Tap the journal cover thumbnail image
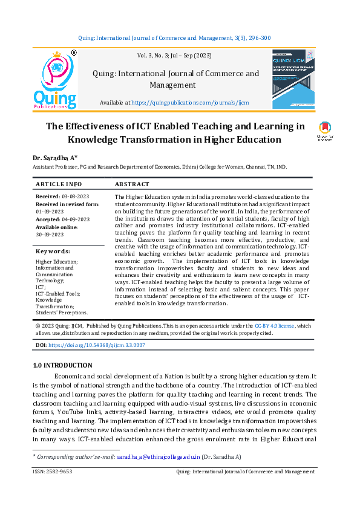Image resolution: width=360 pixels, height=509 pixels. (293, 79)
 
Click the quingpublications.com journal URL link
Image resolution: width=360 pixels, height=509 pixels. (198, 103)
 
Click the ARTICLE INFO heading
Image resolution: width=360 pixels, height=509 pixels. (59, 184)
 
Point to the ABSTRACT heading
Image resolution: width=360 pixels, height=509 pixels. (131, 184)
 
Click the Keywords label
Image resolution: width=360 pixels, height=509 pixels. (53, 251)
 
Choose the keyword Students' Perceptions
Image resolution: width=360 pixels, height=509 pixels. (62, 313)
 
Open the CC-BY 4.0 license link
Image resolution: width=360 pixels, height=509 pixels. (275, 326)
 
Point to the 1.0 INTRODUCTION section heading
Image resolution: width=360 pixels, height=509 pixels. (62, 365)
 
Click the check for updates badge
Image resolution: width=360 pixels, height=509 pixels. (325, 131)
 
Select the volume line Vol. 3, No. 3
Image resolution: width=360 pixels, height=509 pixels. (174, 56)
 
